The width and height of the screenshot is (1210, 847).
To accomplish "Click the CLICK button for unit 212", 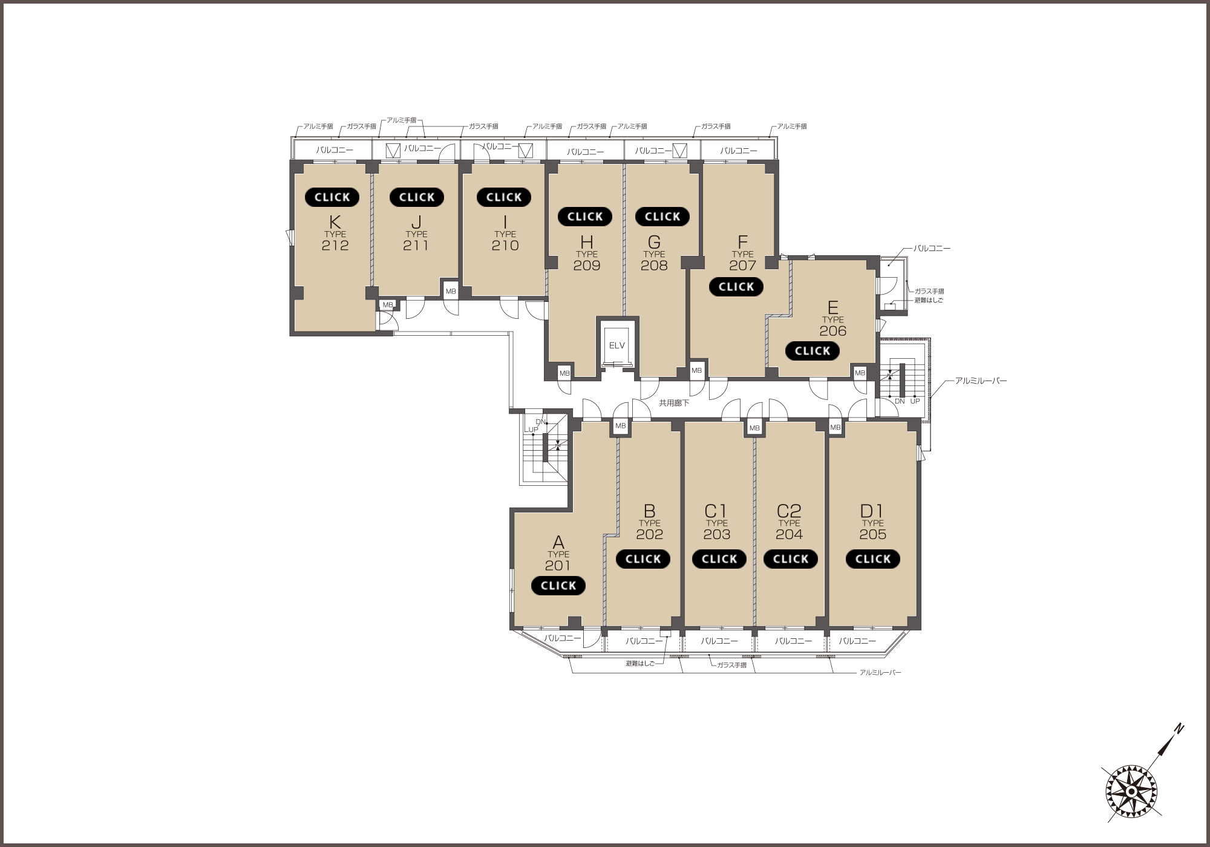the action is pyautogui.click(x=332, y=197).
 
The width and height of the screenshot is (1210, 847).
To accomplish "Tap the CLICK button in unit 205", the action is pyautogui.click(x=872, y=559).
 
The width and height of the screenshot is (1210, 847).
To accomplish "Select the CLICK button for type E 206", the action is pyautogui.click(x=813, y=351).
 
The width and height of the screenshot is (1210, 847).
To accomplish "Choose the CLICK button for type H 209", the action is pyautogui.click(x=585, y=217).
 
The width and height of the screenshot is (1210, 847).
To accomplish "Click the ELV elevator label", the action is pyautogui.click(x=616, y=345).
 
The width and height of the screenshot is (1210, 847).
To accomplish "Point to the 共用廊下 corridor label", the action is pyautogui.click(x=674, y=403).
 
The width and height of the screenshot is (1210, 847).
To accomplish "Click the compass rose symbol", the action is pyautogui.click(x=1131, y=791).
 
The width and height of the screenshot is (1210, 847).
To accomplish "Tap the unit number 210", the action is pyautogui.click(x=505, y=245).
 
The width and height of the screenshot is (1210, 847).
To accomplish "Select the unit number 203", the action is pyautogui.click(x=717, y=534).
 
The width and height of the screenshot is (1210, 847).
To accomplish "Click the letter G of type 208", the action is pyautogui.click(x=654, y=242).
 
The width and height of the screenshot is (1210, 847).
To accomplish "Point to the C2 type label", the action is pyautogui.click(x=789, y=511).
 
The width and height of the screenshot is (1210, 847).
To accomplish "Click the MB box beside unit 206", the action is pyautogui.click(x=860, y=373).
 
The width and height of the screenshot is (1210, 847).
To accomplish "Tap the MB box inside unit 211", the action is pyautogui.click(x=451, y=290).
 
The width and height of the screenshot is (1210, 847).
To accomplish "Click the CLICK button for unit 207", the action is pyautogui.click(x=736, y=287).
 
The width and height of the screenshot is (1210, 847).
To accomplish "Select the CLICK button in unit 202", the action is pyautogui.click(x=643, y=559).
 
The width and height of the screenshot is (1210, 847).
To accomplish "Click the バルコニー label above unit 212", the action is pyautogui.click(x=335, y=149).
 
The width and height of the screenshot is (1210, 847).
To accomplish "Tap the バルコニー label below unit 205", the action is pyautogui.click(x=857, y=641).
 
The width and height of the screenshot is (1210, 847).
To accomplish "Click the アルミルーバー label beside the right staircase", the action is pyautogui.click(x=981, y=381).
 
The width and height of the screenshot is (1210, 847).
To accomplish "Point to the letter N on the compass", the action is pyautogui.click(x=1179, y=729).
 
